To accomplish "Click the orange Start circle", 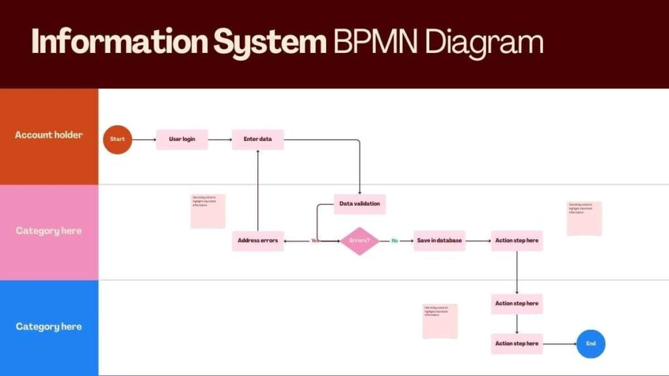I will click(118, 139).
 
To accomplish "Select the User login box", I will click(182, 139).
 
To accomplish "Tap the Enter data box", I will click(257, 139).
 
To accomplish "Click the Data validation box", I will click(359, 204).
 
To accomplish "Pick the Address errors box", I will click(257, 240).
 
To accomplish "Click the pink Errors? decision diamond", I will click(359, 241).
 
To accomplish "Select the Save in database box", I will click(439, 240).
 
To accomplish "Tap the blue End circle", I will click(591, 343).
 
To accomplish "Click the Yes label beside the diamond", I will click(316, 241).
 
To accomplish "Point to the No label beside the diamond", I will click(395, 241).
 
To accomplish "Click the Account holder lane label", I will click(49, 135).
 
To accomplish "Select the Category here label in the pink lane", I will click(49, 231).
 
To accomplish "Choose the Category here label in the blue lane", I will click(49, 326).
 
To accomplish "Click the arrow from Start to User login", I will click(144, 139).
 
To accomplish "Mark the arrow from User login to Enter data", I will click(220, 139).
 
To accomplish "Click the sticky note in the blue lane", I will click(440, 321).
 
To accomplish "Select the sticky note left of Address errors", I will click(208, 211).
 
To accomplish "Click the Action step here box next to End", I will click(517, 343).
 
